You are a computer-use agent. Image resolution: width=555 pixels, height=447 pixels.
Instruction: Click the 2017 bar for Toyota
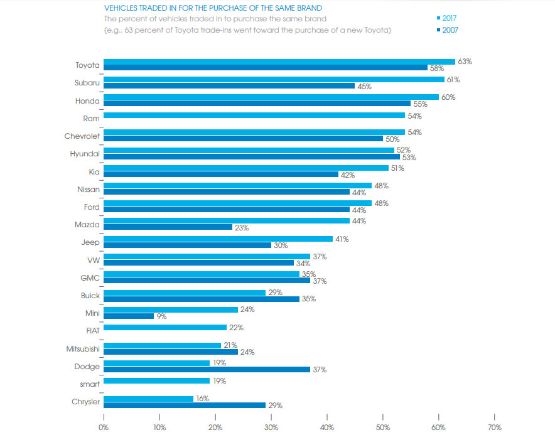[x=279, y=62]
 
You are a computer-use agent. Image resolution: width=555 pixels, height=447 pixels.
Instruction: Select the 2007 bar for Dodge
[x=207, y=369]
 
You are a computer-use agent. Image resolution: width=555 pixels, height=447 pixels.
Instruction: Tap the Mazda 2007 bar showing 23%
[x=168, y=227]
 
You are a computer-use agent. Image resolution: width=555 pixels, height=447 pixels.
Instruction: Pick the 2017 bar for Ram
[x=254, y=116]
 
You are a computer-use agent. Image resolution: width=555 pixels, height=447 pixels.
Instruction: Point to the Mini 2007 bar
[x=128, y=316]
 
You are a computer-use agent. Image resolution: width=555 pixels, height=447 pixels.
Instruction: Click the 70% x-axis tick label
[x=494, y=427]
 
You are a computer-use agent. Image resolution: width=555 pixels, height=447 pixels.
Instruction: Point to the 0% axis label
[x=104, y=427]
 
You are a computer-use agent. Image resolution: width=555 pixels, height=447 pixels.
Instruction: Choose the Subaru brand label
[x=87, y=82]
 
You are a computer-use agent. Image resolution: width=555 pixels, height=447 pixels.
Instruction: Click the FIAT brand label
[x=91, y=328]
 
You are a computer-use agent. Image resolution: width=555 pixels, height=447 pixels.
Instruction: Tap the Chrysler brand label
[x=85, y=402]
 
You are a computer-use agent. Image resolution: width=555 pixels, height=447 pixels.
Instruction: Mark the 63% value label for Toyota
[x=465, y=62]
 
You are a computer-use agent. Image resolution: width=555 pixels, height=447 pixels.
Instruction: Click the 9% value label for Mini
[x=161, y=316]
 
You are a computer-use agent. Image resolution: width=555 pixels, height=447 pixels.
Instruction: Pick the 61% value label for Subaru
[x=453, y=80]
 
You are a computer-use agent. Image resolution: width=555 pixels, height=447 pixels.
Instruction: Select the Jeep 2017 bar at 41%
[x=218, y=239]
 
